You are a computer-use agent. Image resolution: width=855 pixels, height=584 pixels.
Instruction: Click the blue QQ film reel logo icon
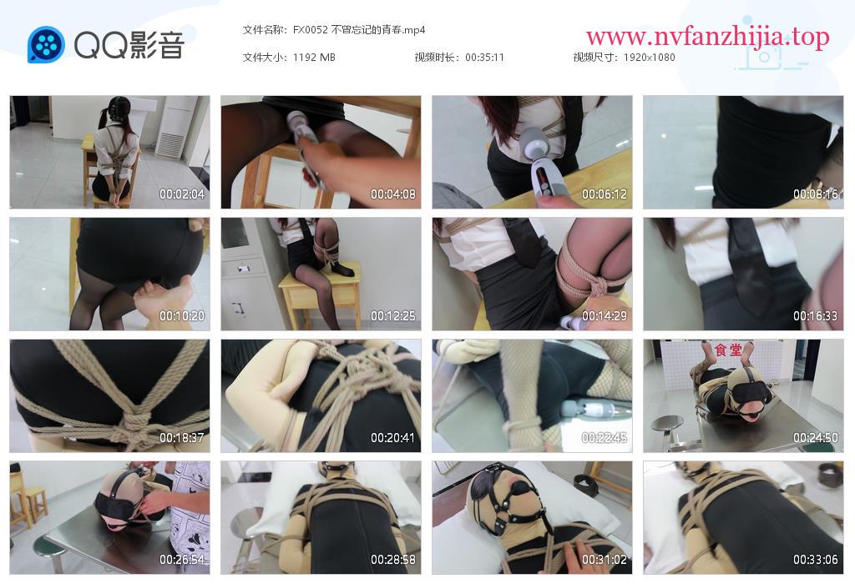47,44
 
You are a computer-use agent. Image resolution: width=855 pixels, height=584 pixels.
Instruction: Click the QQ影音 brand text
129,45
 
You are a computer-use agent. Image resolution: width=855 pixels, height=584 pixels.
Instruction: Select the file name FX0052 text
311,29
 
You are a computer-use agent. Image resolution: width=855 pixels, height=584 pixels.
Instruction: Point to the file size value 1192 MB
314,58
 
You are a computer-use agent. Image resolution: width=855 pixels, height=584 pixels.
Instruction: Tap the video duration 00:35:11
484,58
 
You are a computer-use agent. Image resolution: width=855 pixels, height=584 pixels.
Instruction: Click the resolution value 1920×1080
649,58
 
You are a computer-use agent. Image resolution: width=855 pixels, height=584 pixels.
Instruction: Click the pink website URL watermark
708,37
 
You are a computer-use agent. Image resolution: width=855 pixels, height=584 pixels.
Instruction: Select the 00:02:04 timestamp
181,194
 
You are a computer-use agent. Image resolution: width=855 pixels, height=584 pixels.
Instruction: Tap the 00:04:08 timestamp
392,194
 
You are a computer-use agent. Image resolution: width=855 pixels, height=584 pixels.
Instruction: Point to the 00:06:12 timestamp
605,194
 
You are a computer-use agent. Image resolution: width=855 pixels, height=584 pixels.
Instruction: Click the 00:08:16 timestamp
815,194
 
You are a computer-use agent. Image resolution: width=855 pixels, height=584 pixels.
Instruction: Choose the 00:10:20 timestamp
181,316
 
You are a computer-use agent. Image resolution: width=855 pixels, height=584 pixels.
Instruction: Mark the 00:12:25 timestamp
392,316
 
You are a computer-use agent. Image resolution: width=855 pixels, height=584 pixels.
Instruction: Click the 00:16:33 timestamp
815,316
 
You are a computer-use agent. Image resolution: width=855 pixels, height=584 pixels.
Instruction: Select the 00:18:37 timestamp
181,437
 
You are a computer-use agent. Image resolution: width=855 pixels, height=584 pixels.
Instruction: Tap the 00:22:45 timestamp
605,437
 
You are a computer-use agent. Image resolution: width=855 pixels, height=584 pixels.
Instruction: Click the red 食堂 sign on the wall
728,350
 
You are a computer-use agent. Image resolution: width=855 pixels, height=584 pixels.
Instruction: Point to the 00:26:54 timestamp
181,560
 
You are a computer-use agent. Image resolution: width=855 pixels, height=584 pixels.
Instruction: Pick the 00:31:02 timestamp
605,560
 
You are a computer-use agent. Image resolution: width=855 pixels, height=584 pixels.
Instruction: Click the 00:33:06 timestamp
815,560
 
